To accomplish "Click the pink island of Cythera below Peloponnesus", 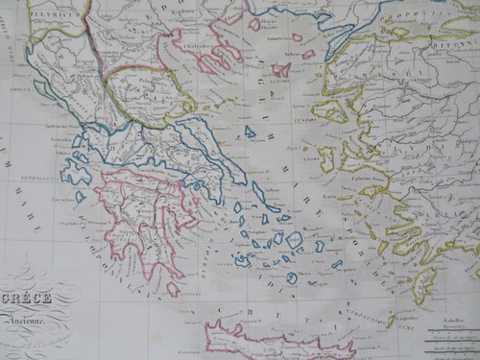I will tap(173, 287).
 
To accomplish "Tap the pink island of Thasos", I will tap(254, 24).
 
